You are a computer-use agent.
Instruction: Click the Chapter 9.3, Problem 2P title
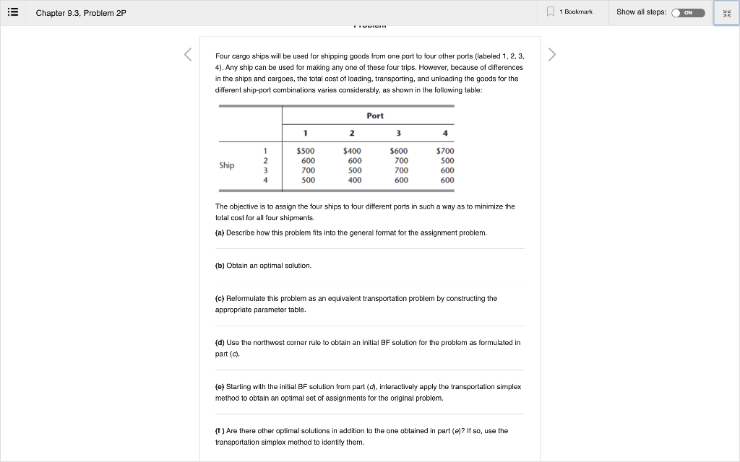(x=81, y=13)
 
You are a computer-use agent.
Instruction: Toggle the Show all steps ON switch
(x=687, y=12)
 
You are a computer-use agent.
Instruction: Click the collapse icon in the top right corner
(x=726, y=13)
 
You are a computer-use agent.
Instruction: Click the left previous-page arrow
(x=188, y=54)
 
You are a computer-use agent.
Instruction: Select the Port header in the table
(x=375, y=115)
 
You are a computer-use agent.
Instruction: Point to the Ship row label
(x=227, y=165)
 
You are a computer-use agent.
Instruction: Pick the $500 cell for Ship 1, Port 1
(x=306, y=151)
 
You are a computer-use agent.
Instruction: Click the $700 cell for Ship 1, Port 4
(x=445, y=151)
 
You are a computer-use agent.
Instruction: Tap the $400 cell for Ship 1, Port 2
(x=352, y=151)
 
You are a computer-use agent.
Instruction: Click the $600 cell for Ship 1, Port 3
(x=399, y=151)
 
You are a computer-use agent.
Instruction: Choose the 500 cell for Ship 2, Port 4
(x=447, y=160)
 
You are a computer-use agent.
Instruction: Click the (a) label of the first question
(x=220, y=233)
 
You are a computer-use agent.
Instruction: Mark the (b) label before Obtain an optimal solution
(x=220, y=266)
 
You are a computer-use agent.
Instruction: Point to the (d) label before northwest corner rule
(x=220, y=342)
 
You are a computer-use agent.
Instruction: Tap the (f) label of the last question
(x=220, y=431)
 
